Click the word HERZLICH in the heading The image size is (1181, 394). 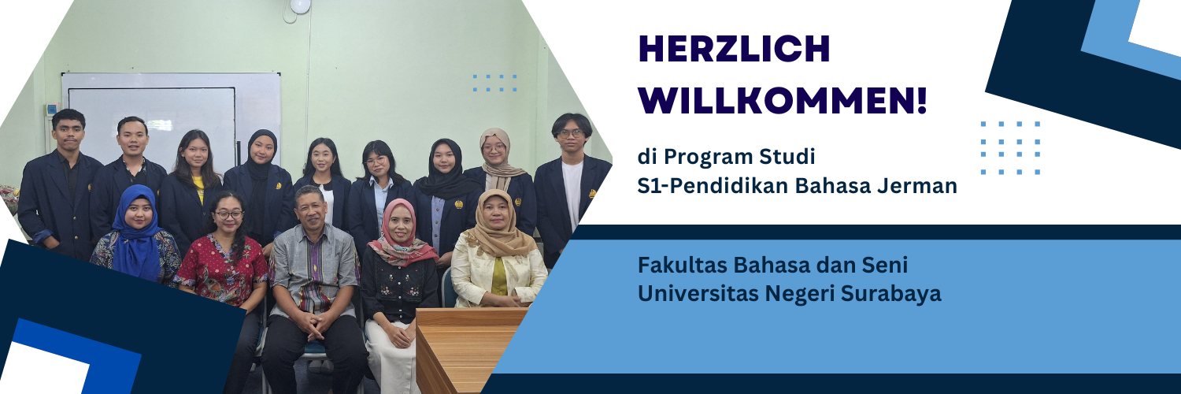tap(734, 50)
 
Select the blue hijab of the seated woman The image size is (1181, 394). tap(135, 236)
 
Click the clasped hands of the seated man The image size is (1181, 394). tap(313, 322)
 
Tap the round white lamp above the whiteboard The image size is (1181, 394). tap(299, 6)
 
